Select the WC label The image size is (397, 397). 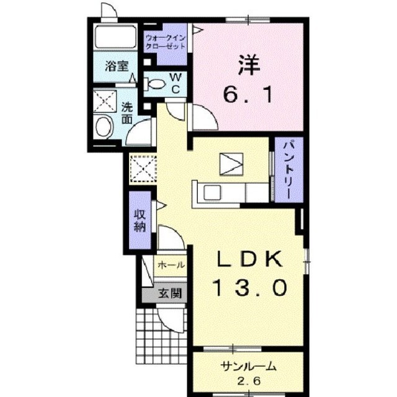click(175, 83)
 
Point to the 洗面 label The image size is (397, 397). click(127, 112)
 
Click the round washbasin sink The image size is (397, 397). click(103, 127)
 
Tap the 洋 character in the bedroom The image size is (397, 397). click(247, 65)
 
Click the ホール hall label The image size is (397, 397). click(170, 265)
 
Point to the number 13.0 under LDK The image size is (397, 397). click(249, 287)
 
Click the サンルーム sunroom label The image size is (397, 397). click(246, 366)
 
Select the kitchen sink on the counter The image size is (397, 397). click(210, 192)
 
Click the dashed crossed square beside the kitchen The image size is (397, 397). click(143, 167)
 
